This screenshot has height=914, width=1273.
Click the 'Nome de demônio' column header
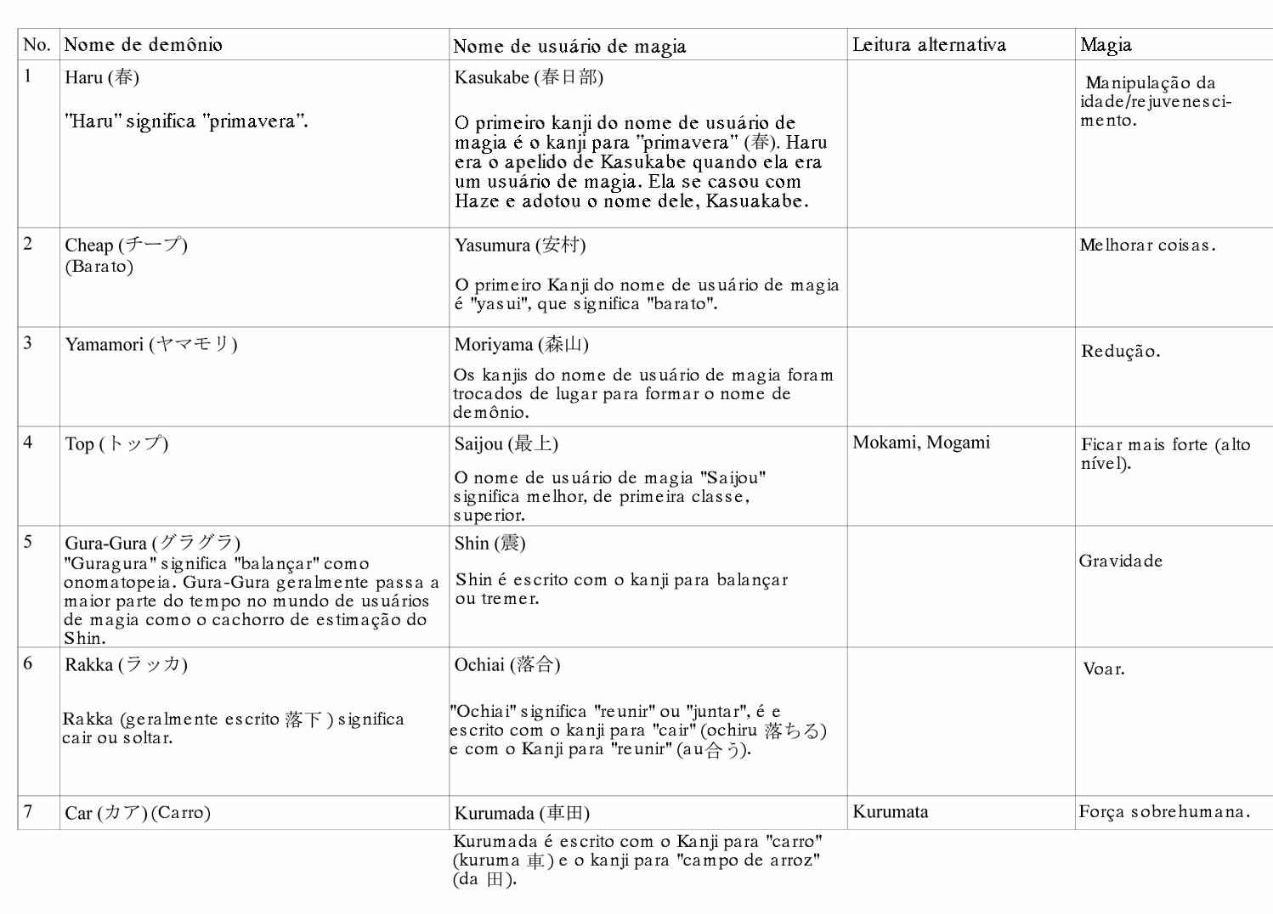tap(144, 45)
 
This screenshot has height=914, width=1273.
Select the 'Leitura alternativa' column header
tap(929, 45)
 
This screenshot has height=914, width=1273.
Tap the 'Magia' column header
tap(1106, 45)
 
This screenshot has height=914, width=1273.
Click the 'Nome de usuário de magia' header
tap(569, 47)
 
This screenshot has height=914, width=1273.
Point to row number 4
tap(28, 443)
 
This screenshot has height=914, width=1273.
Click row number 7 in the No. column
tap(28, 812)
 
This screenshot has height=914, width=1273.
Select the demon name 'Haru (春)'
tap(102, 77)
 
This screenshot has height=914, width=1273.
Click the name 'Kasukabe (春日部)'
tap(529, 78)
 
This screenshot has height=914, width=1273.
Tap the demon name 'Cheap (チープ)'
tap(126, 245)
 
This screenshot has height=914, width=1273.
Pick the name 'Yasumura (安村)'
tap(520, 245)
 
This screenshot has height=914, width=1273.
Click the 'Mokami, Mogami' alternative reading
tap(921, 443)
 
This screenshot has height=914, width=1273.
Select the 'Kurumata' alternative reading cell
tap(891, 812)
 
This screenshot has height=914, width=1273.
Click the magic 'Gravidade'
tap(1121, 561)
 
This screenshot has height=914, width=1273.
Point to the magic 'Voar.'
tap(1104, 669)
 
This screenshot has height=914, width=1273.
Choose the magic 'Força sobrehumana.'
tap(1164, 812)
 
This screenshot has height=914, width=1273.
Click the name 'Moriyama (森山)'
tap(521, 345)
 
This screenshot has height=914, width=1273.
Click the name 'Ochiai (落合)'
tap(507, 665)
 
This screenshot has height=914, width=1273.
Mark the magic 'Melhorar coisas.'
tap(1147, 245)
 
